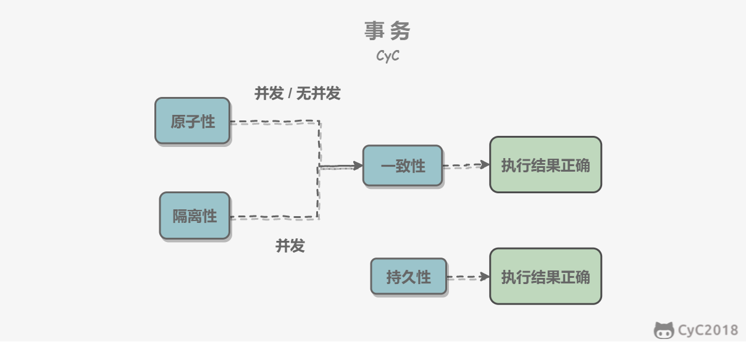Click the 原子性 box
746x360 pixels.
click(193, 121)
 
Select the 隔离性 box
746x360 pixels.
click(195, 216)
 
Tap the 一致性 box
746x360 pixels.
click(403, 165)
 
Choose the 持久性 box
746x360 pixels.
click(409, 277)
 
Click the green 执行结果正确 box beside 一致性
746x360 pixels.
click(545, 164)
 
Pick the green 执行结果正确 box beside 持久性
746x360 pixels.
click(545, 276)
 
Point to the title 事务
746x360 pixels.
click(387, 31)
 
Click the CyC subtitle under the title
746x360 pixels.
click(388, 56)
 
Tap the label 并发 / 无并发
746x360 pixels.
click(298, 93)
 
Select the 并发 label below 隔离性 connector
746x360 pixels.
click(290, 246)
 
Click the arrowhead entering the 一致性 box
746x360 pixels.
click(358, 165)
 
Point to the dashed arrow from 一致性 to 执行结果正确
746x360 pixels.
click(466, 165)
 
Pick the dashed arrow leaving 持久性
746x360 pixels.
click(468, 277)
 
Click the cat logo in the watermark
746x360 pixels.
click(664, 331)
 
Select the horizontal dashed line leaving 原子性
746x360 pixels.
click(275, 122)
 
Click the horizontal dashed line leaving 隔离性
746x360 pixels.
click(275, 217)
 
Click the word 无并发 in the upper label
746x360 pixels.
click(319, 93)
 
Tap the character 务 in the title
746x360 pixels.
click(400, 31)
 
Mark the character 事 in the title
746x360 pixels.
click(374, 31)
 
